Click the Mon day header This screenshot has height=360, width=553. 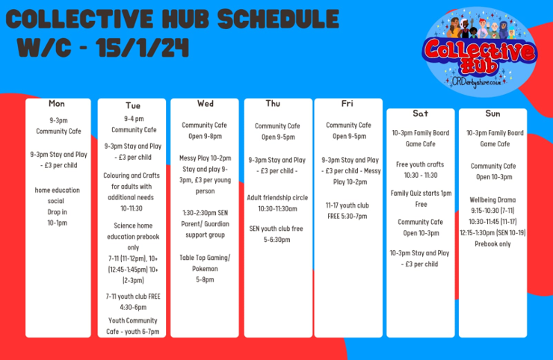tap(57, 104)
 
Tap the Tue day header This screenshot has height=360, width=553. tap(133, 105)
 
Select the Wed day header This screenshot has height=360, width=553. tap(206, 104)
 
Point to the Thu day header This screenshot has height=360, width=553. tap(273, 103)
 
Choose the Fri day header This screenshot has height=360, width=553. tap(347, 103)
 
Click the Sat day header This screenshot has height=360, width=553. tap(421, 114)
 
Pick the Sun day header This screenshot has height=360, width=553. tap(492, 114)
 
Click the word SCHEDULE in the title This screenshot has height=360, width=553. tap(278, 19)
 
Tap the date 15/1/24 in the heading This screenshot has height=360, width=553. tap(143, 48)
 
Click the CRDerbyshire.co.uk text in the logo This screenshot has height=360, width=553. tap(477, 82)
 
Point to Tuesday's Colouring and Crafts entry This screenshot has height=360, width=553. tap(132, 192)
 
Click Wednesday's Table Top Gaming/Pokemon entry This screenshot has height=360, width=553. tap(205, 269)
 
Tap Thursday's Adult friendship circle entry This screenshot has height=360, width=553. tap(277, 203)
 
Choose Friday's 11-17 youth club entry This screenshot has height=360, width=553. tap(347, 211)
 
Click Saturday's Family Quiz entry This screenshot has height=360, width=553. tap(421, 199)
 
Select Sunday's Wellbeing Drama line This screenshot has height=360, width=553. tap(492, 200)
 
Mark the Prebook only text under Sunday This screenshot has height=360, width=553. tap(492, 244)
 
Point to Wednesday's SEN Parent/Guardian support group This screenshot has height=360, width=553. tap(205, 224)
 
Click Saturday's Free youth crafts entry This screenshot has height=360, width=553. tap(420, 170)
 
